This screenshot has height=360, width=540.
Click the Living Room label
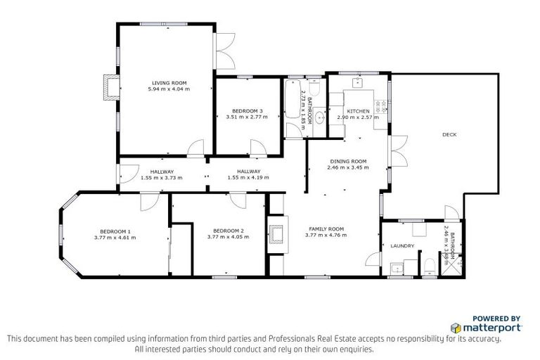169,83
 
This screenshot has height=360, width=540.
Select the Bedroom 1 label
115,231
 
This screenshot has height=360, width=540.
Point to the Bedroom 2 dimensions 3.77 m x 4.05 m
228,238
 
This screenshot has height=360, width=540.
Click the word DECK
450,134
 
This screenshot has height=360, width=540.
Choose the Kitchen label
358,111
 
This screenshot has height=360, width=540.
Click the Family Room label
324,229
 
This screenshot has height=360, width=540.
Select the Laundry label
402,246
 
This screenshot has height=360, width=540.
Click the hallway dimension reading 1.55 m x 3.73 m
161,178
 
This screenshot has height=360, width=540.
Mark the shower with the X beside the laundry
454,264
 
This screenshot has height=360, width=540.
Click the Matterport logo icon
456,328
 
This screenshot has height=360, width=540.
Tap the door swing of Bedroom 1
148,202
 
